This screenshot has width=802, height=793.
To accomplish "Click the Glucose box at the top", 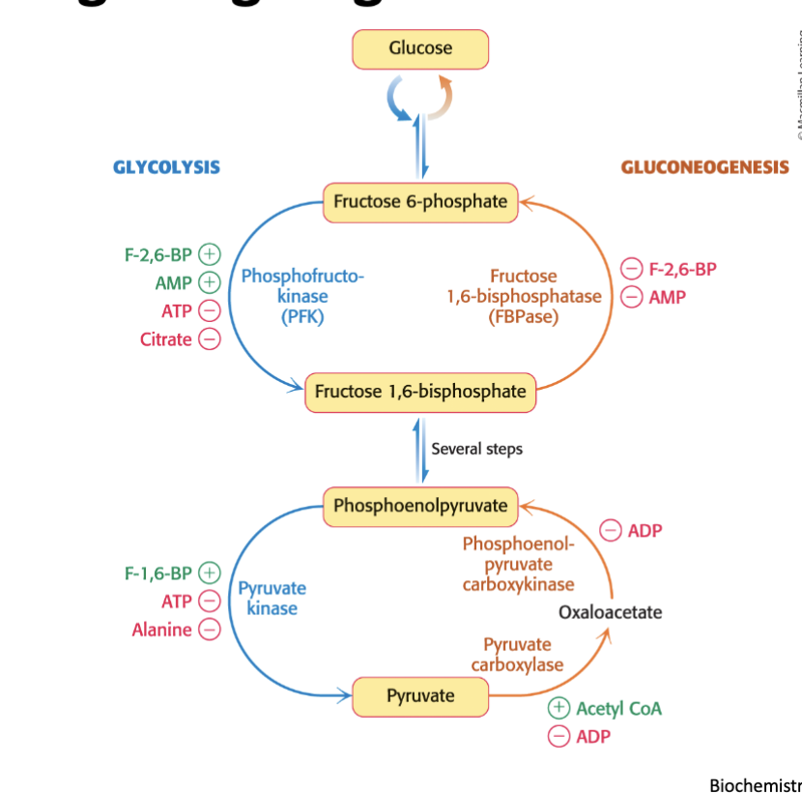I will pos(420,48).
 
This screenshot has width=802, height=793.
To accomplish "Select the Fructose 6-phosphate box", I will pos(420,202).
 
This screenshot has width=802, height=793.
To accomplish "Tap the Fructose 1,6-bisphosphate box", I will pos(420,392).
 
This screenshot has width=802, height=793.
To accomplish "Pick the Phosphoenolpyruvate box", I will pos(420,506).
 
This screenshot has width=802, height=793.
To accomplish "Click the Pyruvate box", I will pos(420,696).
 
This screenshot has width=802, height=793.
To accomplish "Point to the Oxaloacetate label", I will pos(611,612).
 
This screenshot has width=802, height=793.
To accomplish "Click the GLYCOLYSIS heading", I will pos(166,167).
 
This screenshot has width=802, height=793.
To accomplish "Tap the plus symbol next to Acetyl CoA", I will pos(559,709).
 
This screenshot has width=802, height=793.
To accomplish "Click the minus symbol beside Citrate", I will pos(209,339).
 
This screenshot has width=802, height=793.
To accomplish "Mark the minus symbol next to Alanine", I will pos(209,631).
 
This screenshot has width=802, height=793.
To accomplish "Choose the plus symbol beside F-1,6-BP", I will pos(209,573).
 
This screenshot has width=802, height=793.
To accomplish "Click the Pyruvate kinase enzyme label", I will pos(272,598).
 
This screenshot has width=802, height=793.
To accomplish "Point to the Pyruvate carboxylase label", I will pos(517,655).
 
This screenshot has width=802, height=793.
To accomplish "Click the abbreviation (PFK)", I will pos(301,316).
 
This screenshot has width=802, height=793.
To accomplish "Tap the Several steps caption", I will pos(476,449).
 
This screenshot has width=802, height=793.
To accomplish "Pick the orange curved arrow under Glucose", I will pos(441,97).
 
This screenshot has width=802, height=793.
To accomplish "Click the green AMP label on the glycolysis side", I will pos(173,283).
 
